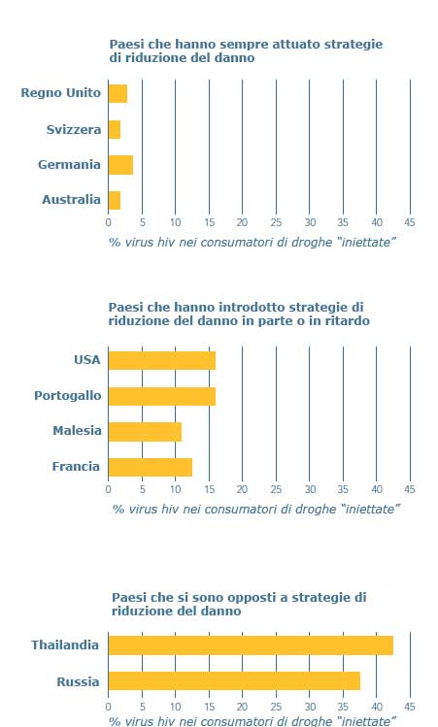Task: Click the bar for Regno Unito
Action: tap(118, 93)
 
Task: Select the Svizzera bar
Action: tap(115, 129)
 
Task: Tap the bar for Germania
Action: tap(120, 165)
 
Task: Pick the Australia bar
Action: tap(115, 200)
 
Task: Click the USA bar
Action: tap(162, 361)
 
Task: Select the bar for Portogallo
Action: tap(162, 396)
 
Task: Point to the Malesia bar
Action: tap(145, 432)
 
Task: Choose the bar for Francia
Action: tap(151, 467)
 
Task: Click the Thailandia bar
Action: tap(251, 645)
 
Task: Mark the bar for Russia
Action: tap(234, 680)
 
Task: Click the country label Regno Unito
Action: tap(61, 93)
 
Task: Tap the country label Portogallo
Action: tap(68, 396)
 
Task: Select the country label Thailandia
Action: tap(65, 644)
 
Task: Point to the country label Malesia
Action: tap(77, 431)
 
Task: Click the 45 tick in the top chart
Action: tap(410, 222)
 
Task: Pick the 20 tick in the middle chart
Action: tap(242, 489)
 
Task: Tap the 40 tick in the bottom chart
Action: tap(377, 707)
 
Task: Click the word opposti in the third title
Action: tap(252, 598)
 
